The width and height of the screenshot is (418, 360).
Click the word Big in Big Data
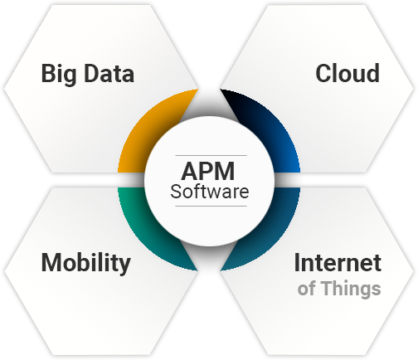59,74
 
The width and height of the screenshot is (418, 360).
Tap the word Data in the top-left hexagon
109,73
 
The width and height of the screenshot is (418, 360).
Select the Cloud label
348,73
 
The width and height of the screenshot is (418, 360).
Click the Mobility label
85,263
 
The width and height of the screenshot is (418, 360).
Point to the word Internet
338,263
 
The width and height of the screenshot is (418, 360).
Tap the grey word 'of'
307,289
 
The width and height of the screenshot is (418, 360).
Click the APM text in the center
208,172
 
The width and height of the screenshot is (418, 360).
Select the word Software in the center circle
210,192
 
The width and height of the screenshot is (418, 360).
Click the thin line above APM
211,156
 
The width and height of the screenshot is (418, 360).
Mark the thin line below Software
211,206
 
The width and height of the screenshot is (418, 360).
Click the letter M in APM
224,172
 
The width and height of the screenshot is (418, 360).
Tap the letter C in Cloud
323,73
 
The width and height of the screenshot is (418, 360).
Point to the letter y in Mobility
124,265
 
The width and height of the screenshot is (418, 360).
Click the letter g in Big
70,77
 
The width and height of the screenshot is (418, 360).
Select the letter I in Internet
297,263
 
